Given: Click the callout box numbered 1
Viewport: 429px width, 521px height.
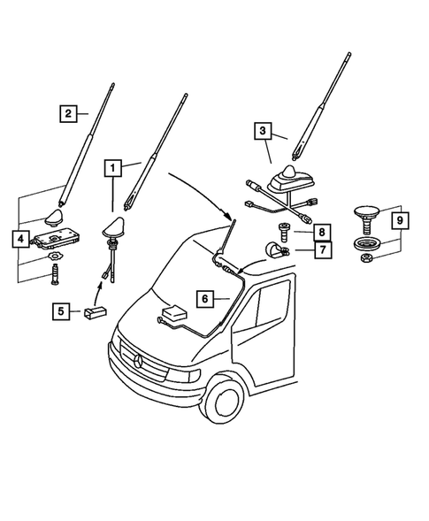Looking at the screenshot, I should (111, 165).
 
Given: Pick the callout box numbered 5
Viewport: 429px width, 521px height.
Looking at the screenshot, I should (61, 310).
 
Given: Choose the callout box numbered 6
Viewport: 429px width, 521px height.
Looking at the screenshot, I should (204, 300).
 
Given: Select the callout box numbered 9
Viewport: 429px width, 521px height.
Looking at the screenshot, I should (399, 218).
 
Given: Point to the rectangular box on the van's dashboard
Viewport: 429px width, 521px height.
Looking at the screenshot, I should (173, 316).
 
